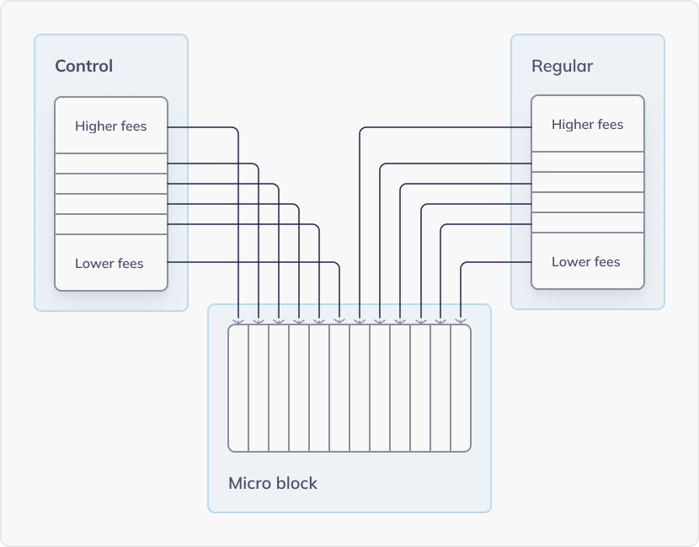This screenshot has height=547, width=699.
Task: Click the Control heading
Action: [x=83, y=67]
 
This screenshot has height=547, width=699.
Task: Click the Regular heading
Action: [x=562, y=67]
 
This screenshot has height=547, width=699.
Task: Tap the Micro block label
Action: [x=273, y=484]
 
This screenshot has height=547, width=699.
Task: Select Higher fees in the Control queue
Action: [x=110, y=126]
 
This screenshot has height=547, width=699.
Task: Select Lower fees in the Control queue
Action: [x=109, y=264]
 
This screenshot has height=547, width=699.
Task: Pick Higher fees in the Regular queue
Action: [x=587, y=125]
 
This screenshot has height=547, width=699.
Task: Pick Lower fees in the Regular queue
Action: [x=585, y=262]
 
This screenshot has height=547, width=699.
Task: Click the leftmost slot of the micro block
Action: [x=238, y=388]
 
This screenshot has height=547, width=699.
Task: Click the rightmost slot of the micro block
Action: [x=461, y=388]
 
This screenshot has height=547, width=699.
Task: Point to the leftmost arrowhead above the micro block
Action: [x=238, y=320]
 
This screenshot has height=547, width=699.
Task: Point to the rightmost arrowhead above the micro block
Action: [x=461, y=320]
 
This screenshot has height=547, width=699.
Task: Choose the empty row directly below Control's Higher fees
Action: [x=111, y=164]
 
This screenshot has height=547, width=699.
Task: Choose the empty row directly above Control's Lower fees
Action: [x=111, y=224]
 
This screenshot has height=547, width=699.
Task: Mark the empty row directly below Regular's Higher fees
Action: [x=588, y=162]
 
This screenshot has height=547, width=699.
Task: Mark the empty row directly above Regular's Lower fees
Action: [x=588, y=223]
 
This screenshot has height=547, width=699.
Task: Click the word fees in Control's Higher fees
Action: [x=133, y=126]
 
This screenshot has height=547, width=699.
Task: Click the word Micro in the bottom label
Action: [x=248, y=484]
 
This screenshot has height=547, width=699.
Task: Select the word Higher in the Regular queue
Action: [x=571, y=125]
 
